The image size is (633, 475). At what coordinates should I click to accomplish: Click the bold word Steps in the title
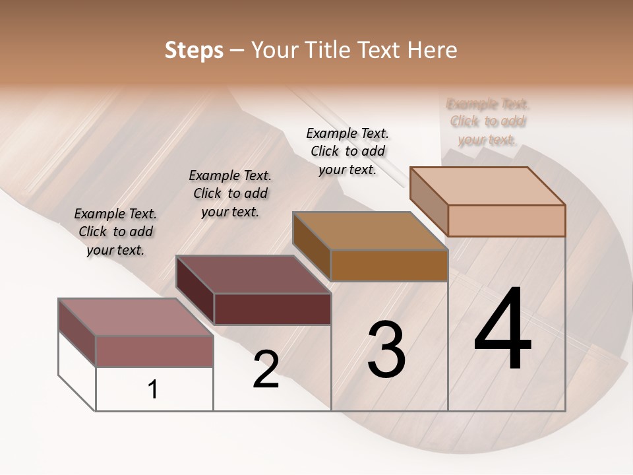click(194, 51)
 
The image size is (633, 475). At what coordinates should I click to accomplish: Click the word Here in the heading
click(433, 51)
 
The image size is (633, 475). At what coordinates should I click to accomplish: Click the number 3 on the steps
click(386, 350)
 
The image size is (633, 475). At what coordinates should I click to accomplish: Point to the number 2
click(266, 369)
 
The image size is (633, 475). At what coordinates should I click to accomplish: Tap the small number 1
click(153, 390)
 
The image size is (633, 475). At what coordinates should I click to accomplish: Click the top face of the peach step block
click(488, 185)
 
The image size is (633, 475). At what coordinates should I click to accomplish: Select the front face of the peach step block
click(506, 220)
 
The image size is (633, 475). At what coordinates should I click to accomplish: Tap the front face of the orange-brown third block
click(389, 266)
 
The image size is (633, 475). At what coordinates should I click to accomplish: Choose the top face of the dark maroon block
click(253, 274)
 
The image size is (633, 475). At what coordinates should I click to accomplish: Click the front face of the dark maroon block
click(272, 309)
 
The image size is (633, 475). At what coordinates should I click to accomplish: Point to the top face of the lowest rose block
click(136, 317)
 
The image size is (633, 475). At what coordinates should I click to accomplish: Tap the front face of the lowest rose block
click(154, 351)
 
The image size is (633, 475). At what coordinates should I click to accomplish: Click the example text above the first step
click(115, 232)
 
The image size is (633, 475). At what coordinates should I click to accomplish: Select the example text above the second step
click(230, 193)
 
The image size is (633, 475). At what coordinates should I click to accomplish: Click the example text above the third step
click(347, 151)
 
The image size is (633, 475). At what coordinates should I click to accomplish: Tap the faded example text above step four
click(488, 121)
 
